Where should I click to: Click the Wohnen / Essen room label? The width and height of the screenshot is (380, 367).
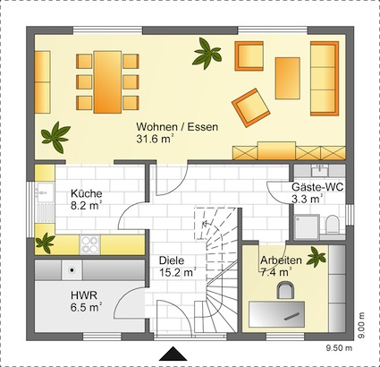[177, 127]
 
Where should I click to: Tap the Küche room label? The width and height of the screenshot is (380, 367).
[87, 193]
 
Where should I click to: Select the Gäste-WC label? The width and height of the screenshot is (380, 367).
[317, 187]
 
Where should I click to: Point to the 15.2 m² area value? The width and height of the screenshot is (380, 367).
[177, 272]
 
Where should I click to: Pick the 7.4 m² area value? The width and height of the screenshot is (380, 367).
[275, 272]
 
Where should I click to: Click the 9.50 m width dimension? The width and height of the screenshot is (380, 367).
[338, 348]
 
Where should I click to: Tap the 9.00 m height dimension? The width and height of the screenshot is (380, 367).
[361, 325]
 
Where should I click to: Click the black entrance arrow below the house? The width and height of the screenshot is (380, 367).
[173, 354]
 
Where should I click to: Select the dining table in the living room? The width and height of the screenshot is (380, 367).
[107, 82]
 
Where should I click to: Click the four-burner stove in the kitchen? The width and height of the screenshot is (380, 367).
[89, 244]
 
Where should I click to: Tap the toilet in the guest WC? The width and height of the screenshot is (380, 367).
[332, 225]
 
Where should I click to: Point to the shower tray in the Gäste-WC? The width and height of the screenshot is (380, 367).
[307, 226]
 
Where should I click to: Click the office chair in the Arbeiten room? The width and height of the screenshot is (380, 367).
[285, 289]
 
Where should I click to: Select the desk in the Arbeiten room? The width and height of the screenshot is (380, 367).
[277, 314]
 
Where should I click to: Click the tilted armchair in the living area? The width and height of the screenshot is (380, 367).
[251, 107]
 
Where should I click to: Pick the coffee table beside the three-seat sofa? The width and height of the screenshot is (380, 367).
[287, 78]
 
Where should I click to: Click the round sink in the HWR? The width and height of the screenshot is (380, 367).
[72, 270]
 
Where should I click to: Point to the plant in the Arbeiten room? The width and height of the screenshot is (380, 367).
[317, 256]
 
